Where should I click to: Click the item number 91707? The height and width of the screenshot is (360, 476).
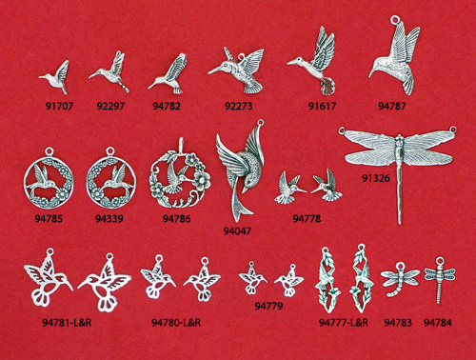(59, 106)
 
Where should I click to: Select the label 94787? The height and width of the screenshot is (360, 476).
(392, 106)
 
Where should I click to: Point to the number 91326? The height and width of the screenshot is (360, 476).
(376, 178)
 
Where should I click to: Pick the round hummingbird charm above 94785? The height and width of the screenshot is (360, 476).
(49, 179)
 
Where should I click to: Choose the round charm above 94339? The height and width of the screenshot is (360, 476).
(110, 179)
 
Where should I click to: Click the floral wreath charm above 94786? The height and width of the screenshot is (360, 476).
(180, 174)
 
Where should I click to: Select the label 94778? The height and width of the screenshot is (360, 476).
(307, 218)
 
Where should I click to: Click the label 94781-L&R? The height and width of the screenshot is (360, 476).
(67, 323)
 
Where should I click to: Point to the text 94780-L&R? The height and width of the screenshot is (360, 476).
(176, 323)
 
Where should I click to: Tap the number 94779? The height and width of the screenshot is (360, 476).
(268, 306)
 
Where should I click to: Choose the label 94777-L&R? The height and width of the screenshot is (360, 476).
(344, 323)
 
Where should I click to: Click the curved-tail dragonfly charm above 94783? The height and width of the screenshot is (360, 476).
(399, 278)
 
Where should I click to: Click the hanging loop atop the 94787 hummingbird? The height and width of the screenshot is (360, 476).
(395, 20)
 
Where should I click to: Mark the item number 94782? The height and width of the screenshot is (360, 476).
(167, 106)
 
